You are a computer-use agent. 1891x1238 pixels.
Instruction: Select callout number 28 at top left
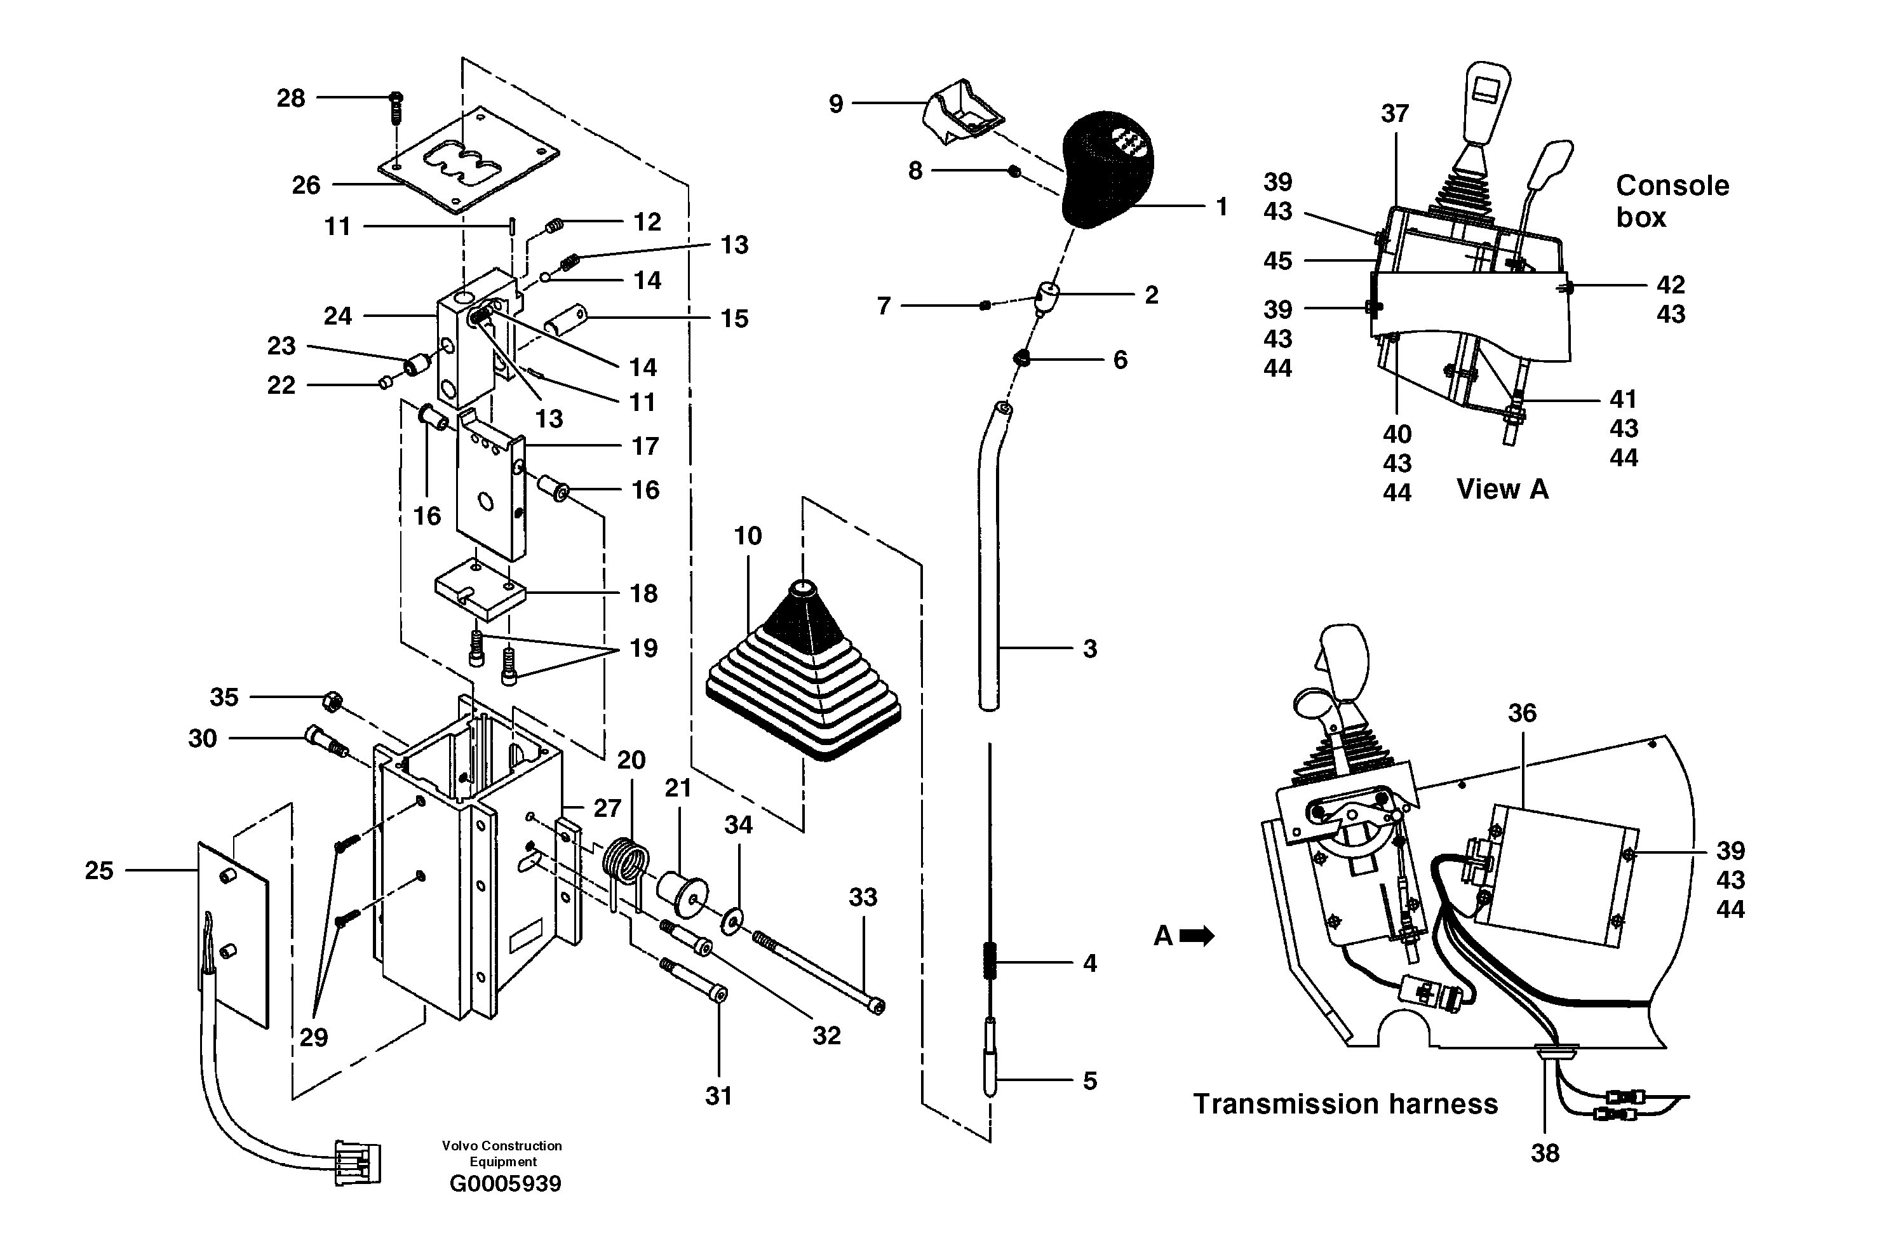click(x=291, y=98)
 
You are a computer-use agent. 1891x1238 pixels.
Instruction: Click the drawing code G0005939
click(x=506, y=1184)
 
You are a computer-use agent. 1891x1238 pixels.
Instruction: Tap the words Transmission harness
click(x=1345, y=1104)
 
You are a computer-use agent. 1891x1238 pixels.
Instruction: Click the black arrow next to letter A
click(x=1197, y=936)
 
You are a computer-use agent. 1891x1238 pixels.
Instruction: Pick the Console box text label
click(x=1672, y=201)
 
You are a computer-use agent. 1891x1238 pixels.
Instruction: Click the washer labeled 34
click(x=731, y=921)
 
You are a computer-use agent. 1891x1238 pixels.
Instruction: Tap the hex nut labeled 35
click(x=332, y=702)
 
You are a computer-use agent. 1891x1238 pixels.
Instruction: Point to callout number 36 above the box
click(x=1521, y=713)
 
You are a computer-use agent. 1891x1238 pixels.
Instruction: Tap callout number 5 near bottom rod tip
click(x=1089, y=1080)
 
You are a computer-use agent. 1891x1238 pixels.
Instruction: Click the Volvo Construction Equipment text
click(x=502, y=1153)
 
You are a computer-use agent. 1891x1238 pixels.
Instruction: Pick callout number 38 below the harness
click(x=1545, y=1152)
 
